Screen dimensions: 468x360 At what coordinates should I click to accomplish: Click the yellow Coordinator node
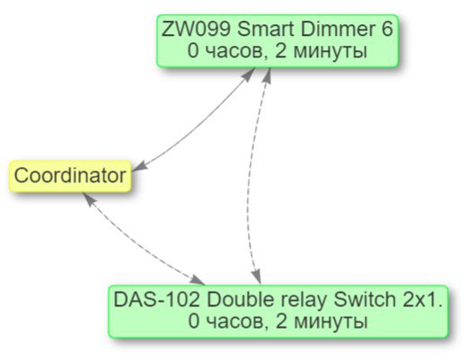[x=70, y=176]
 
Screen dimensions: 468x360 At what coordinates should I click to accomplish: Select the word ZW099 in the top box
[x=196, y=30]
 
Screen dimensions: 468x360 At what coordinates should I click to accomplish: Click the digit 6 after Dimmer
[x=387, y=30]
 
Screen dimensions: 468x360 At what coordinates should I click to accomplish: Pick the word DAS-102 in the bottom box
[x=156, y=300]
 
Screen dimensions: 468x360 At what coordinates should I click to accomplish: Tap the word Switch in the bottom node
[x=365, y=300]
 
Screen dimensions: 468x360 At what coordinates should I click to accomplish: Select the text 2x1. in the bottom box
[x=422, y=300]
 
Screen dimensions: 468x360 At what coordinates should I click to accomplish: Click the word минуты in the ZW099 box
[x=330, y=52]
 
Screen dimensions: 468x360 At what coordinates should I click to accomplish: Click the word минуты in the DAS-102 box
[x=331, y=322]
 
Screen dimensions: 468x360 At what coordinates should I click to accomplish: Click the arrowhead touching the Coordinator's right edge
[x=139, y=166]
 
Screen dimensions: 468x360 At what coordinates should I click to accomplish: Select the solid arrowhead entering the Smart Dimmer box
[x=249, y=75]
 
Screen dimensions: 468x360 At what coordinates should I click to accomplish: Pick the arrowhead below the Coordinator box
[x=88, y=198]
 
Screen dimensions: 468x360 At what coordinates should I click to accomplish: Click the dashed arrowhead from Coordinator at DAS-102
[x=198, y=280]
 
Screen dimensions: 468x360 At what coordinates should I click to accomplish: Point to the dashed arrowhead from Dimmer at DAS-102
[x=256, y=277]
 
